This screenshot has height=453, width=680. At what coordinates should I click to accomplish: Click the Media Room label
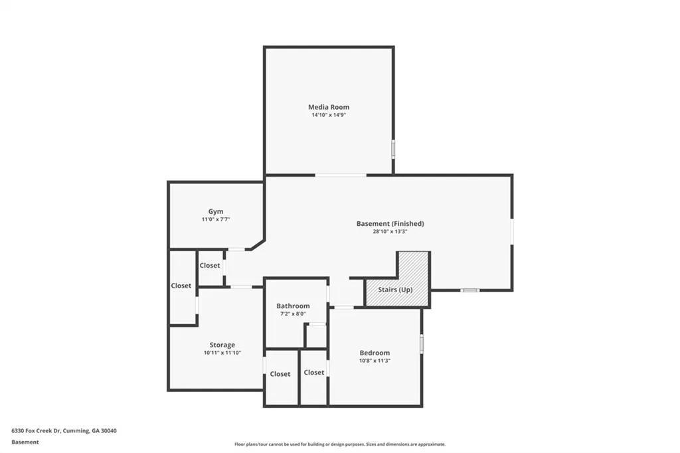tap(329, 107)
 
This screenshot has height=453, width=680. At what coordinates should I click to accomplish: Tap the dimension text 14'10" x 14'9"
tap(329, 115)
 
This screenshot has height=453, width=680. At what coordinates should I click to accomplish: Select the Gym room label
tap(216, 212)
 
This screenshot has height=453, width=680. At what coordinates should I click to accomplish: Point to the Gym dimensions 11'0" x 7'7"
tap(216, 220)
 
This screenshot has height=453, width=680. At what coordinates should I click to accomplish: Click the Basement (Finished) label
tap(390, 223)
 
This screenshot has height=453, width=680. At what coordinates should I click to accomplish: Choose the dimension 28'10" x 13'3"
tap(390, 232)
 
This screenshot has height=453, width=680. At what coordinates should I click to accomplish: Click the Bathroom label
tap(293, 306)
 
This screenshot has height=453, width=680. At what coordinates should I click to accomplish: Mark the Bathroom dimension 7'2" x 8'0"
tap(293, 314)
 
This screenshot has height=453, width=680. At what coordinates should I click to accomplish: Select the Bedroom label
tap(375, 353)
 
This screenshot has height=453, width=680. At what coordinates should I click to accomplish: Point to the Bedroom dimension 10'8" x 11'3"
tap(375, 361)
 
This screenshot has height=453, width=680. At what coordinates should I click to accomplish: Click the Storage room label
tap(222, 345)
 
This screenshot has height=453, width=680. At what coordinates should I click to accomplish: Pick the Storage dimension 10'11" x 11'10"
tap(222, 353)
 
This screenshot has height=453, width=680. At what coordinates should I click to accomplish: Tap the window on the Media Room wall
tap(393, 148)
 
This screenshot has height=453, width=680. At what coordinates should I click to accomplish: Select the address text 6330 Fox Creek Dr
tap(37, 431)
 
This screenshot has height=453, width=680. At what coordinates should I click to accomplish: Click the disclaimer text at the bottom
tap(340, 444)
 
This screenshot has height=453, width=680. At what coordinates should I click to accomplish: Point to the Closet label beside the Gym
tap(210, 266)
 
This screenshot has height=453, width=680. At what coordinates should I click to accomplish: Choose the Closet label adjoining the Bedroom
tap(314, 372)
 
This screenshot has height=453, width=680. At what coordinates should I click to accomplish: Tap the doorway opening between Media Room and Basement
tap(341, 175)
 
